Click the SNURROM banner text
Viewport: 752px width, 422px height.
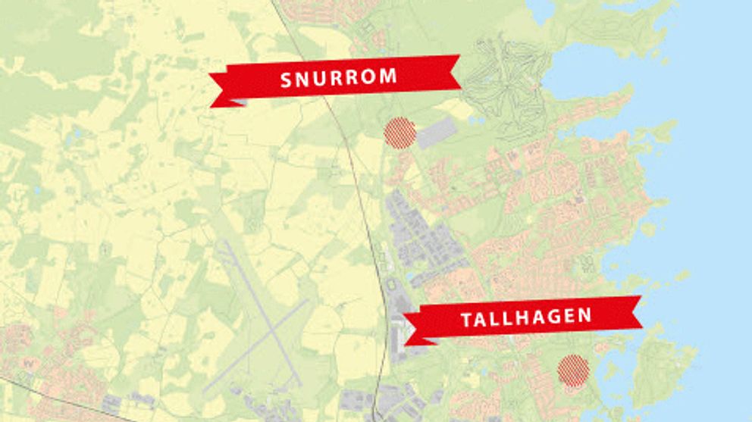click(x=339, y=77)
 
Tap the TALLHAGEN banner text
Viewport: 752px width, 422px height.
click(x=526, y=317)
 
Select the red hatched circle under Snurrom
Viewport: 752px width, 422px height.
click(x=400, y=133)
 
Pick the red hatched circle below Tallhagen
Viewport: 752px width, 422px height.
click(x=573, y=370)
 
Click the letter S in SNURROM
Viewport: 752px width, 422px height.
click(x=287, y=80)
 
